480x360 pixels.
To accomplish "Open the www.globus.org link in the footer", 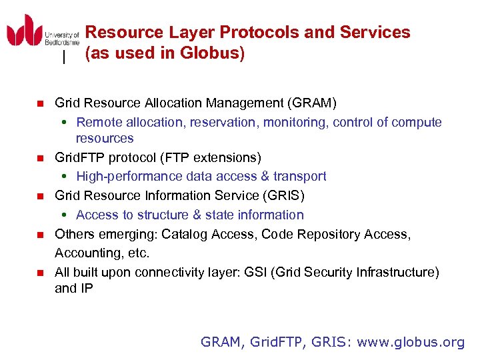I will [410, 343].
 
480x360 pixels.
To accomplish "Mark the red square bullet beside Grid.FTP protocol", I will [39, 158].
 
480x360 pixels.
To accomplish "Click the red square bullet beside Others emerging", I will [39, 235].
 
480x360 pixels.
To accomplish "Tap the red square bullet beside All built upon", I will [39, 273].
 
